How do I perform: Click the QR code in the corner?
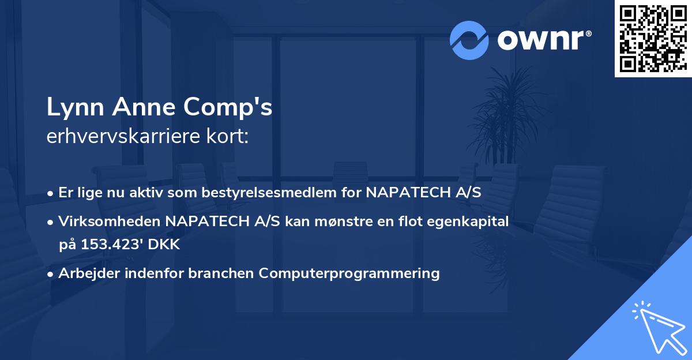pos(653,39)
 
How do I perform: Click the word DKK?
pos(165,245)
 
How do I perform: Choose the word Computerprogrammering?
pos(349,273)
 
